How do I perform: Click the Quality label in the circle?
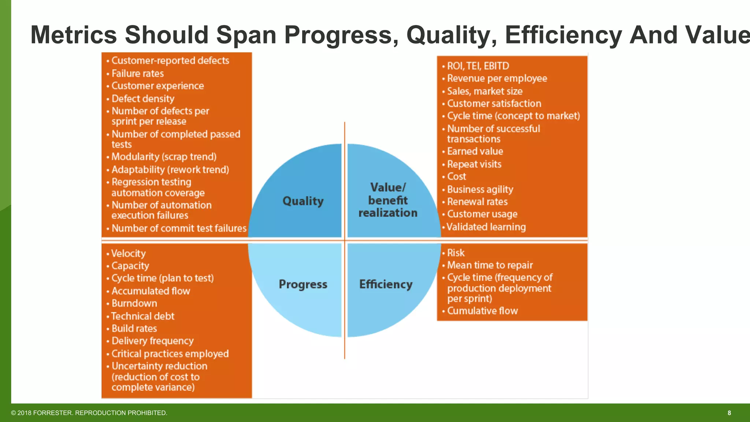303,201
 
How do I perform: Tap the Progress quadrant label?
303,284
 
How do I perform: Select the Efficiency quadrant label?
386,284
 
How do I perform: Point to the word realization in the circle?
388,213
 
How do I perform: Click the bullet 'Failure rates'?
137,74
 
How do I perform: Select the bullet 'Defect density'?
143,99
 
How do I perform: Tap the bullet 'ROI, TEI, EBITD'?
478,66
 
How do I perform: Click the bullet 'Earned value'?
475,151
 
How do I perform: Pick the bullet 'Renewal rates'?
477,202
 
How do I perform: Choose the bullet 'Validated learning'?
486,227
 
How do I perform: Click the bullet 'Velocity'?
128,253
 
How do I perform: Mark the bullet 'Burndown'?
134,303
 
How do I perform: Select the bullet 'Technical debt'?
142,316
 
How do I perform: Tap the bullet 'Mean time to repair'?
490,265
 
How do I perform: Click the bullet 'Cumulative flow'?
482,311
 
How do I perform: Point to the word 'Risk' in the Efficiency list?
456,253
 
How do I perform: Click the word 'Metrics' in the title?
73,35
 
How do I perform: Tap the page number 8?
729,413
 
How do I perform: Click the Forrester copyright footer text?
89,413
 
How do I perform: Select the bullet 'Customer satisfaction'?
494,104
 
